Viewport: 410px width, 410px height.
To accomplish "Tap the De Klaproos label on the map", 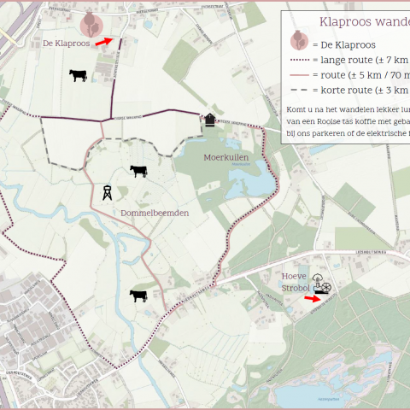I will coord(66,43).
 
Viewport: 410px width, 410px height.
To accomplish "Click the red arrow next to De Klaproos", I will coord(102,41).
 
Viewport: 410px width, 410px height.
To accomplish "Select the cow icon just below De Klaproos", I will coord(79,75).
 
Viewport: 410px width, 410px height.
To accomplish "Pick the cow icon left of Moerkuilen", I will coord(138,171).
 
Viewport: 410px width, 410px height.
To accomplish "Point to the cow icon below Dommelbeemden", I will coord(138,296).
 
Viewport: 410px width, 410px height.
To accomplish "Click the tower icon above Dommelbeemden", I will coord(108,193).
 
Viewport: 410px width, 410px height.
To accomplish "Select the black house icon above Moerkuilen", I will coord(210,120).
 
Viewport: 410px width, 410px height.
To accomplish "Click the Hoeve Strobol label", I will coord(295,282).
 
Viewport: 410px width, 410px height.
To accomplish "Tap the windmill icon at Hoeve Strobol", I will coord(319,280).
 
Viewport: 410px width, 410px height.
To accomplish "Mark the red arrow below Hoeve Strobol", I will coord(316,298).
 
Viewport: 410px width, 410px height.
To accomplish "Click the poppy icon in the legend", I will coord(299,41).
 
